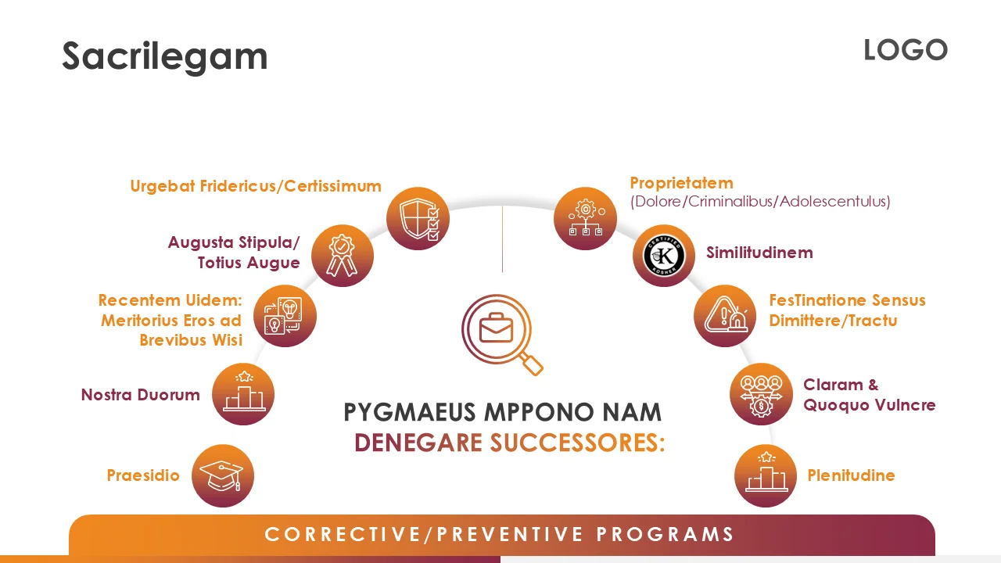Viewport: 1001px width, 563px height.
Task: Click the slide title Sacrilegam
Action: [164, 56]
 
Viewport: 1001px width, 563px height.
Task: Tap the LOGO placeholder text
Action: [905, 51]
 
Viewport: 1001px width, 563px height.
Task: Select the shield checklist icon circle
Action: [418, 219]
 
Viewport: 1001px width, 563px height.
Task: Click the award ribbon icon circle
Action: [342, 256]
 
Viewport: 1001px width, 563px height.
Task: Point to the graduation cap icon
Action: [223, 475]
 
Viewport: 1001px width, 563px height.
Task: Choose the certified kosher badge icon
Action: [664, 256]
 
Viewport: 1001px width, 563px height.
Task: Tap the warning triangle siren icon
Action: [725, 316]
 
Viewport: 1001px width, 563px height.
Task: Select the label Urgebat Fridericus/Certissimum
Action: [256, 186]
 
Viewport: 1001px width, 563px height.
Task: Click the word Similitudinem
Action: [759, 253]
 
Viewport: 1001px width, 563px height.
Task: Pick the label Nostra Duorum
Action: [141, 395]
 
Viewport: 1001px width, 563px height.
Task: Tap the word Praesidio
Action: [143, 475]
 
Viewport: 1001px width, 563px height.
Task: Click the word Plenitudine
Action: [851, 475]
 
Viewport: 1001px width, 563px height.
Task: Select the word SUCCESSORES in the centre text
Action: [577, 443]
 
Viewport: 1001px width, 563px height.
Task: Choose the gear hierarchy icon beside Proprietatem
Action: [585, 219]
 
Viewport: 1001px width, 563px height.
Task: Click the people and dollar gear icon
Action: [761, 394]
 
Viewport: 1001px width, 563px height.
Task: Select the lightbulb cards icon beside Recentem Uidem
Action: [285, 316]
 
